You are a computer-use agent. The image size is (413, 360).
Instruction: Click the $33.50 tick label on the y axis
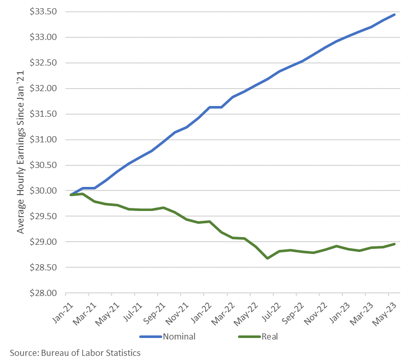[43, 12]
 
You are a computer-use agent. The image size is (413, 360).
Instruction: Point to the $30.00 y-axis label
[43, 190]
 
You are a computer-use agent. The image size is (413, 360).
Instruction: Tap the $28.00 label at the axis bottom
[43, 293]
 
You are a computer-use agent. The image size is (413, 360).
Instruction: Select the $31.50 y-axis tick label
[43, 114]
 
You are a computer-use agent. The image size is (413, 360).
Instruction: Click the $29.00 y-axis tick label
[43, 242]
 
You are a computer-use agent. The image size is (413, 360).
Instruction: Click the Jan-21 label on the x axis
[63, 313]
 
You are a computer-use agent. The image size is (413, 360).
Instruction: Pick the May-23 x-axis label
[384, 314]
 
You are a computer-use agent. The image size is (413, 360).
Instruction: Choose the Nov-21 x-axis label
[177, 314]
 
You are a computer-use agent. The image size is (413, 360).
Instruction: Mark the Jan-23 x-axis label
[340, 313]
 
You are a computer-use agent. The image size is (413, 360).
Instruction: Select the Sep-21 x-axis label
[155, 313]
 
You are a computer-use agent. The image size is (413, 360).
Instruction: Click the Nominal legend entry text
[179, 336]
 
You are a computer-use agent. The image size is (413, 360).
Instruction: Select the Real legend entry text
[270, 336]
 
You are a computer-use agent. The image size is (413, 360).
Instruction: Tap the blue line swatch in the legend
[150, 336]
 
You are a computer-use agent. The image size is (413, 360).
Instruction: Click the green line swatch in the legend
[249, 336]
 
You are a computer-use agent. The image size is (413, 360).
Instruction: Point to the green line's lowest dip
[268, 258]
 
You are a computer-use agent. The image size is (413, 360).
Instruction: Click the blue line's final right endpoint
[394, 15]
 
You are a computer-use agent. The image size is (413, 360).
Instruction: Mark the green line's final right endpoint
[394, 244]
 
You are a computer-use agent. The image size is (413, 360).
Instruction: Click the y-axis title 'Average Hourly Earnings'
[21, 180]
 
